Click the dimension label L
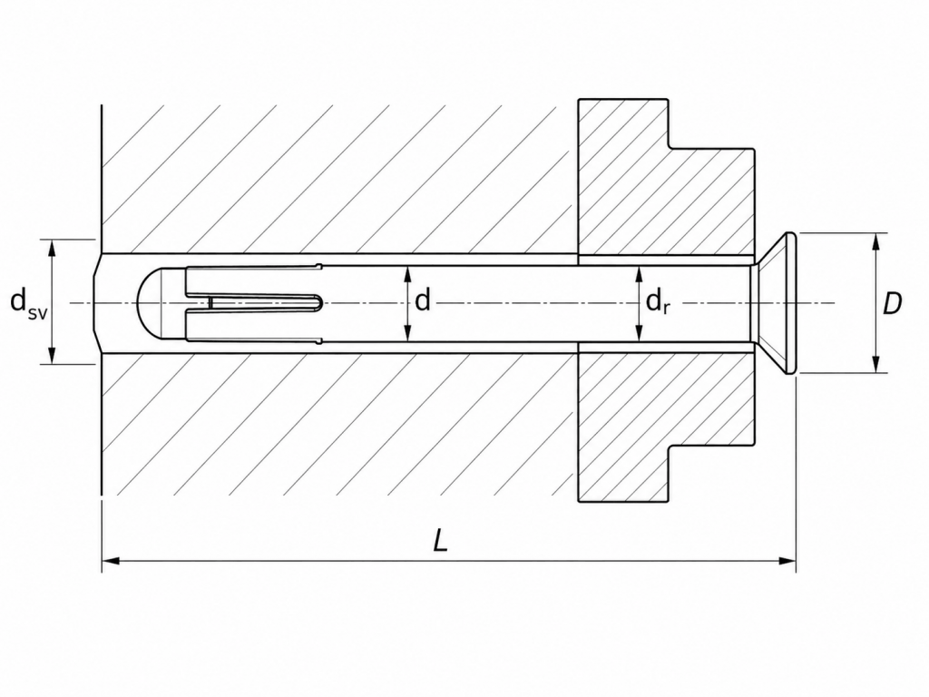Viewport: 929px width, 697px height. (x=440, y=541)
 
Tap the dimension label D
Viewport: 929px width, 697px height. (x=892, y=303)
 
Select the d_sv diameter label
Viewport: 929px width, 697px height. (x=28, y=303)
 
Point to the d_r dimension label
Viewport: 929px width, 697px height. (x=658, y=301)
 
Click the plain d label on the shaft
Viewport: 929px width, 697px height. (x=423, y=301)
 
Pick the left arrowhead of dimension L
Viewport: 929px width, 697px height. (x=111, y=560)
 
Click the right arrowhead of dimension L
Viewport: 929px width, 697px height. (x=787, y=560)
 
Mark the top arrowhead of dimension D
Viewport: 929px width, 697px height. (x=877, y=242)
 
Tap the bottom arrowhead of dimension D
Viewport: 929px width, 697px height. (x=877, y=364)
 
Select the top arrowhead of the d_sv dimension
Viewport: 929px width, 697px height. (x=52, y=249)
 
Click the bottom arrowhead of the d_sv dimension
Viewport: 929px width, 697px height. (x=52, y=354)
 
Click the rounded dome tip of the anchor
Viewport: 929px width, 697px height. (x=149, y=303)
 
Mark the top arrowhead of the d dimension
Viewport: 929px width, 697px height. (x=407, y=275)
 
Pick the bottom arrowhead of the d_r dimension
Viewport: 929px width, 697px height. (x=639, y=332)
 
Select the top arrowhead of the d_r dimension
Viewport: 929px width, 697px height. (x=639, y=275)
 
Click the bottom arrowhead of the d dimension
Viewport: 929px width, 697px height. (x=407, y=332)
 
